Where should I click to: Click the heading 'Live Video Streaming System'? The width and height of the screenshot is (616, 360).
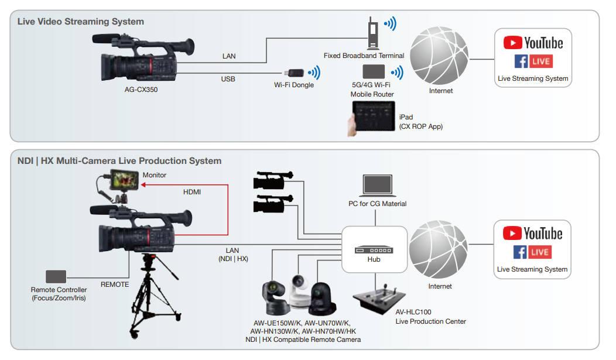pos(81,22)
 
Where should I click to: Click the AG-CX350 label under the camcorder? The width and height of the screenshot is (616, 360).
pos(141,90)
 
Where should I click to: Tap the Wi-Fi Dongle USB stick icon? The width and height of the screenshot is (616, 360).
pos(294,73)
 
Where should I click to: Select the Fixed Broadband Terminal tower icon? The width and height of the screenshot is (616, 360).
pos(372,36)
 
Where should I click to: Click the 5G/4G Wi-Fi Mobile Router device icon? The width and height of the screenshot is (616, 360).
pos(373,72)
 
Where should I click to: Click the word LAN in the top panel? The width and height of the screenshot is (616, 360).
pos(229,57)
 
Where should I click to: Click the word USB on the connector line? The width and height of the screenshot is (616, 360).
pos(228,79)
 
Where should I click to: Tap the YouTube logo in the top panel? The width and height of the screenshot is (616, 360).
pos(533,43)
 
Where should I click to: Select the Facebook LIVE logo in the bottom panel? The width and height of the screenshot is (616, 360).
pos(533,252)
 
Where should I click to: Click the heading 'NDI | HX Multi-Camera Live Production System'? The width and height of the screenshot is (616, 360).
pos(119,160)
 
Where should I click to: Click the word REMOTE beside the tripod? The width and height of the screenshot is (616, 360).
pos(115,285)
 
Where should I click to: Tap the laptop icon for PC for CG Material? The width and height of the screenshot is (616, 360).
pos(378,186)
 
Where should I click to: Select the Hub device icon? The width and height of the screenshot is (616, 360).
pos(374,249)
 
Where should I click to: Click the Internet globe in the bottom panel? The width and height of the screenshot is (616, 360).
pos(439,248)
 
